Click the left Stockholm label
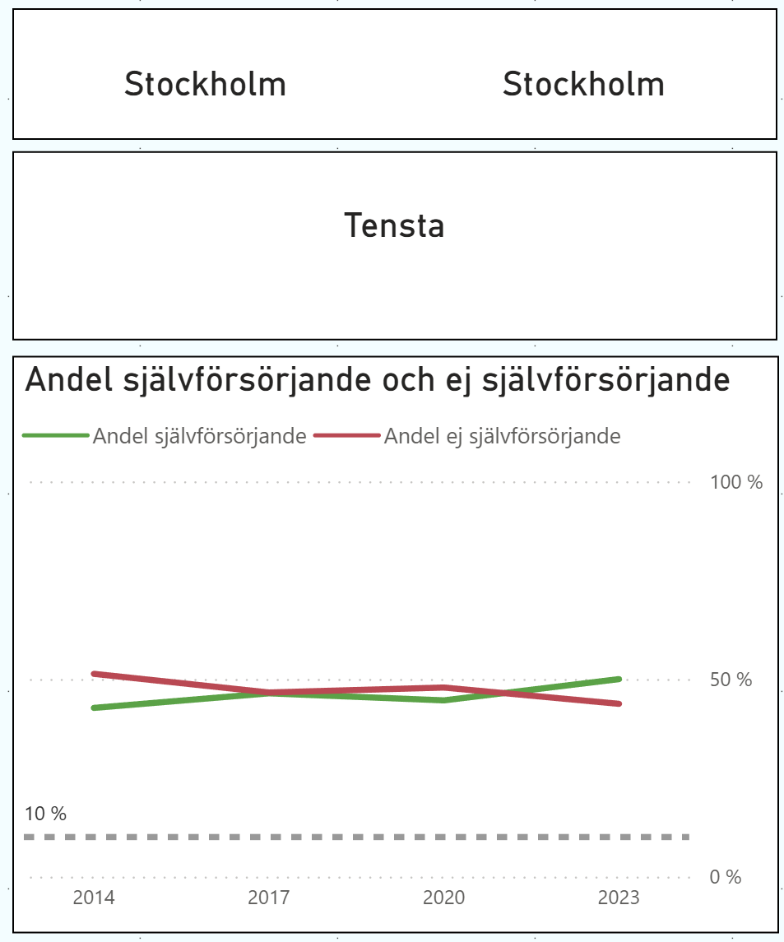click(x=205, y=84)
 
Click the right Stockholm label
click(x=583, y=84)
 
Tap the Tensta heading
click(x=394, y=225)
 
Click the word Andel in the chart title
click(x=70, y=380)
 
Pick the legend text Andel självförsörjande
click(x=199, y=436)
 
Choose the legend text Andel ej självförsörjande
click(x=502, y=436)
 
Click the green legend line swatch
click(x=55, y=436)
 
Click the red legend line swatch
click(x=347, y=436)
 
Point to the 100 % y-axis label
click(x=736, y=482)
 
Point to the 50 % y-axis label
click(x=731, y=680)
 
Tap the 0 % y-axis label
click(x=725, y=877)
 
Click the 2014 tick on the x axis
click(x=94, y=897)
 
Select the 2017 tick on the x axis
click(x=268, y=897)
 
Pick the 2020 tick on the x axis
click(x=443, y=897)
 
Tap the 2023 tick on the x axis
click(x=619, y=897)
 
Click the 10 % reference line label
click(x=45, y=814)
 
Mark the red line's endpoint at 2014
click(x=94, y=674)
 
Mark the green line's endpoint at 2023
click(x=619, y=679)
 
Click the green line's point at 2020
click(x=443, y=700)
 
